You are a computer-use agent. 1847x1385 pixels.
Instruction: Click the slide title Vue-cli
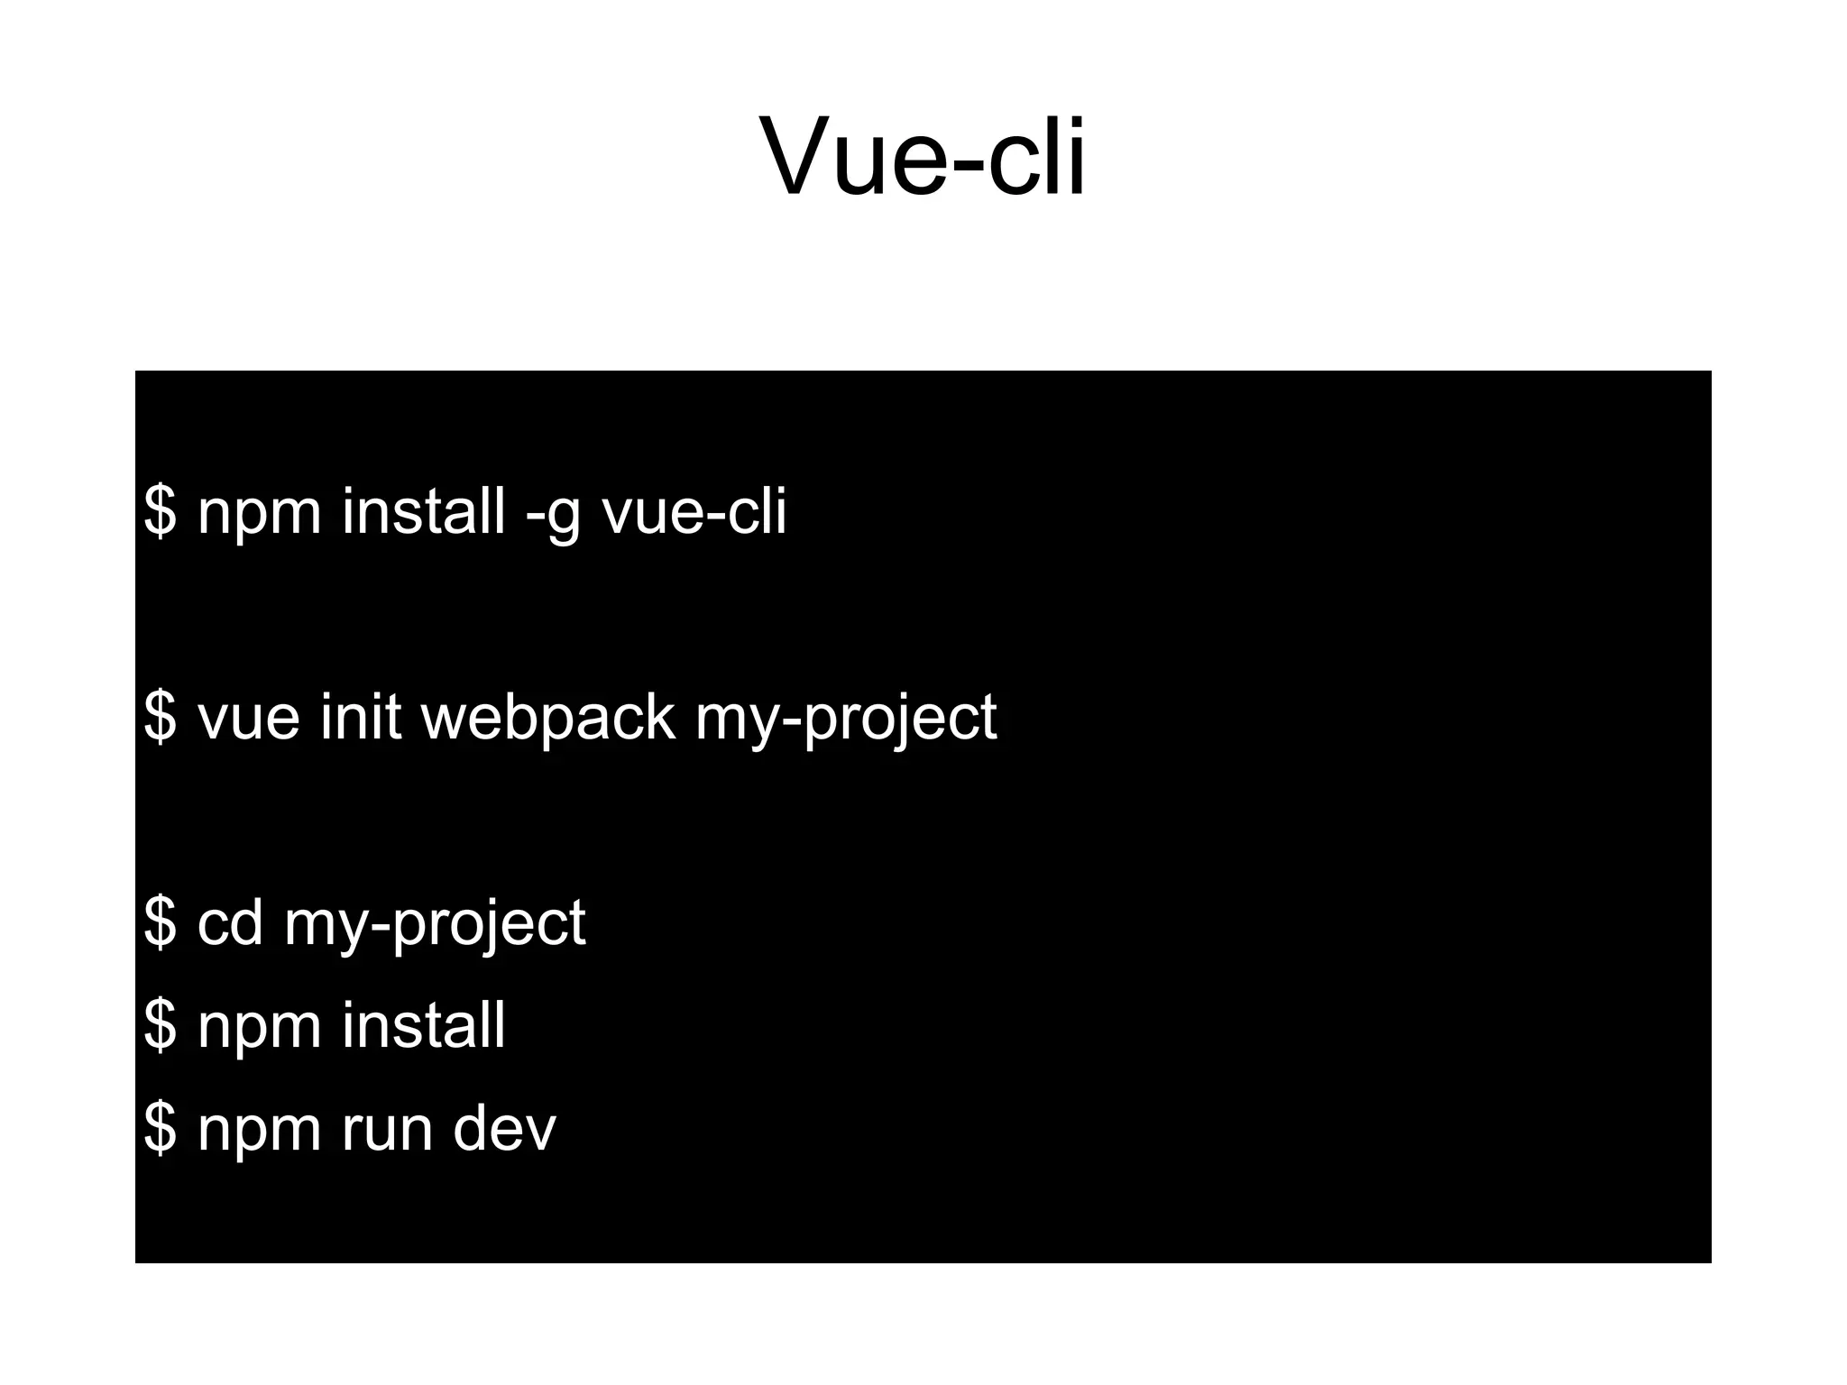point(923,157)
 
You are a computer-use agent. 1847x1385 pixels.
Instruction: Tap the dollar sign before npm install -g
point(161,511)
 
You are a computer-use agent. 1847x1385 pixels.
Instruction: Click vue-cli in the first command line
point(694,511)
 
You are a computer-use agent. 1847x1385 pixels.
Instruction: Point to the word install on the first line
point(423,511)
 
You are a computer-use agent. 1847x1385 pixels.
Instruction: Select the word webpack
point(547,719)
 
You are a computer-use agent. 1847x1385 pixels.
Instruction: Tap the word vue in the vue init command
point(248,719)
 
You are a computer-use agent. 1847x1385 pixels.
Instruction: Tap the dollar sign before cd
point(161,922)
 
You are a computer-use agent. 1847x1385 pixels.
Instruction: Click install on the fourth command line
point(423,1025)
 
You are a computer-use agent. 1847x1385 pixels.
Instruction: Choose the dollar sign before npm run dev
point(161,1128)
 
